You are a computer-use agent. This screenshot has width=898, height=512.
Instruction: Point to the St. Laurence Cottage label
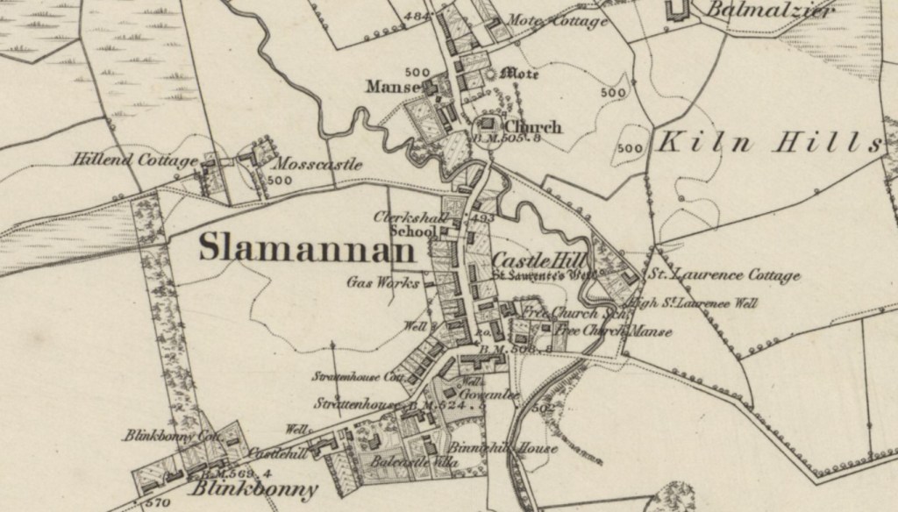723,276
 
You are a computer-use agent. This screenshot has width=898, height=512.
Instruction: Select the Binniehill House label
504,449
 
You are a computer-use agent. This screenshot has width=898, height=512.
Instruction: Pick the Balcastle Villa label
410,461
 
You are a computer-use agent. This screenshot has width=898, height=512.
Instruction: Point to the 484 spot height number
418,17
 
